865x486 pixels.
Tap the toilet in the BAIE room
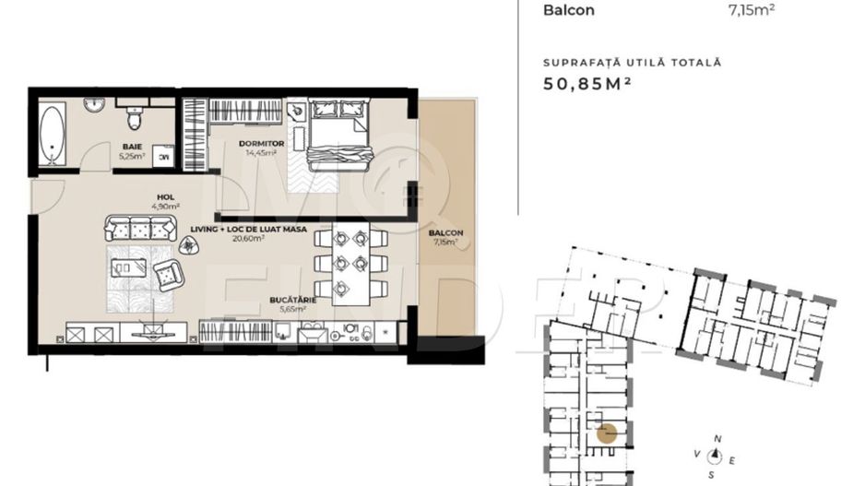135,117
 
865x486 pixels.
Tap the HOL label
166,196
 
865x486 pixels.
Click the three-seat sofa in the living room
139,227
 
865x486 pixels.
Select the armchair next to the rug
168,274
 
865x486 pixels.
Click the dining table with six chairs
351,262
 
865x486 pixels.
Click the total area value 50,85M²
591,84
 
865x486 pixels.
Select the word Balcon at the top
569,11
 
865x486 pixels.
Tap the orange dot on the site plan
607,434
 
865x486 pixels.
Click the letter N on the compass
718,439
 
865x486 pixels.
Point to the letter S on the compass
711,474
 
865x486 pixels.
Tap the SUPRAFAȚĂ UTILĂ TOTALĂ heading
632,63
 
